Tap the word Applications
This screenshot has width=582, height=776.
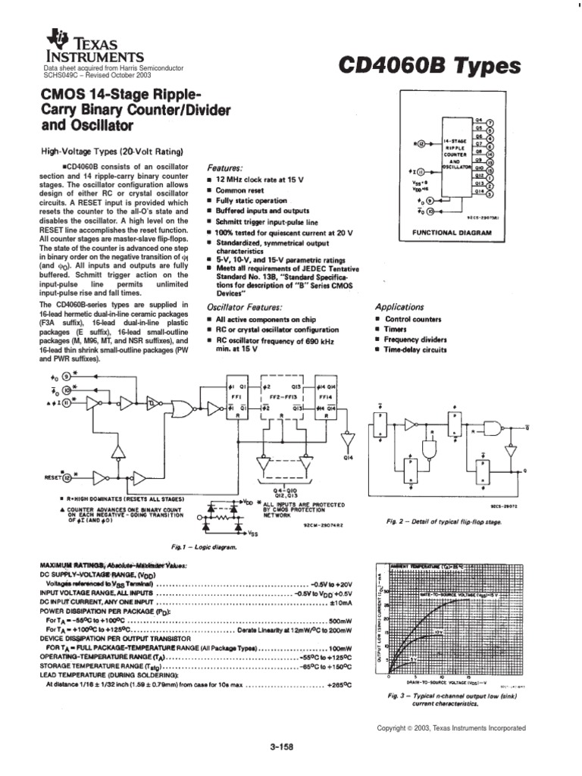(399, 307)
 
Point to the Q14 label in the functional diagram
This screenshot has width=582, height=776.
(479, 192)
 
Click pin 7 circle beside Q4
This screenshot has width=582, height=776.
(490, 121)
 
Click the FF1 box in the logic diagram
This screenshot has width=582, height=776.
(236, 395)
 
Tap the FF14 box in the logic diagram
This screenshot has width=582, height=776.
(325, 395)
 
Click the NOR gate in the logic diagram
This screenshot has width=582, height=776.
(182, 410)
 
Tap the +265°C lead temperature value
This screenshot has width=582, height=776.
(337, 684)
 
